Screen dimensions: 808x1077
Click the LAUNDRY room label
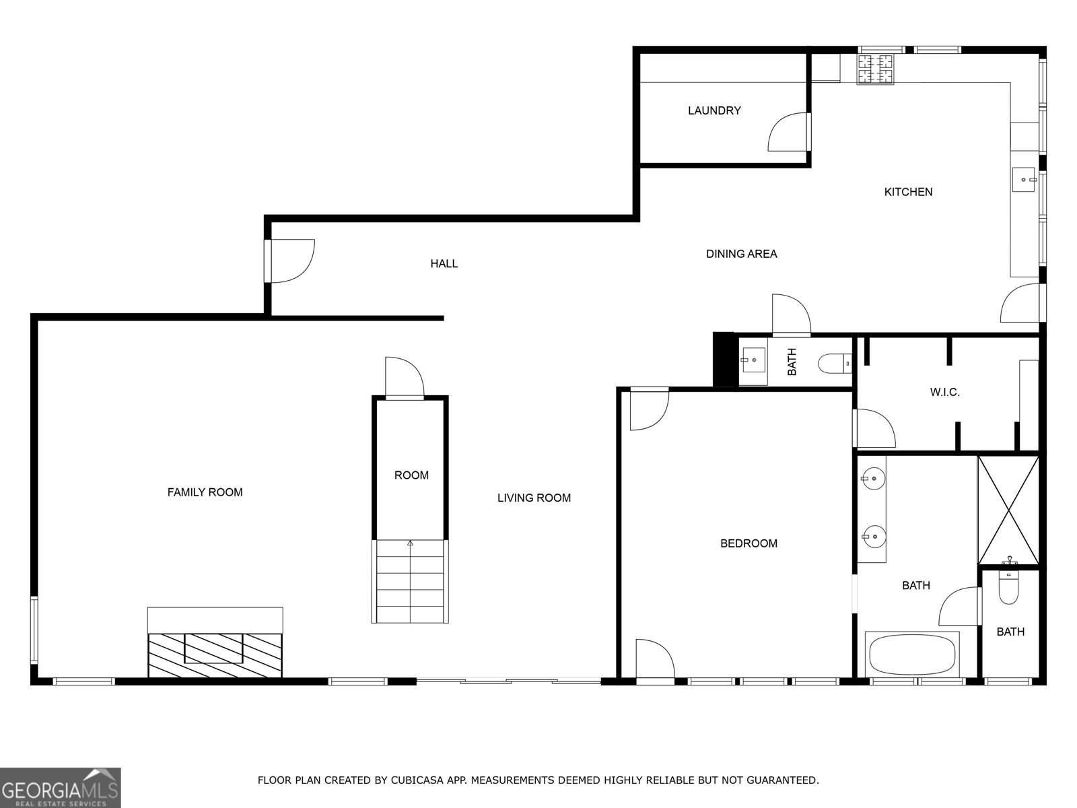(x=714, y=110)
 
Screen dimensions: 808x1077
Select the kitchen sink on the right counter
(x=1025, y=180)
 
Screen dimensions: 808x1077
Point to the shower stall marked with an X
(x=1008, y=510)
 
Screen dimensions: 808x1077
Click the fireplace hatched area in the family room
(x=215, y=654)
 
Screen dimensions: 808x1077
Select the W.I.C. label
(x=944, y=392)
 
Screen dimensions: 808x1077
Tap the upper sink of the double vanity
(x=873, y=479)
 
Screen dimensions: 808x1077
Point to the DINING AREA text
(x=741, y=254)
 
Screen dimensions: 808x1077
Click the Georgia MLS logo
(x=61, y=787)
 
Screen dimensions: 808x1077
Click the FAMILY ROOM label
(x=205, y=492)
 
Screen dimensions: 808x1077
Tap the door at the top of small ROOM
(x=403, y=378)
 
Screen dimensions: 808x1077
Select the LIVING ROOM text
(x=534, y=498)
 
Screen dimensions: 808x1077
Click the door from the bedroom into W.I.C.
(x=873, y=429)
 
